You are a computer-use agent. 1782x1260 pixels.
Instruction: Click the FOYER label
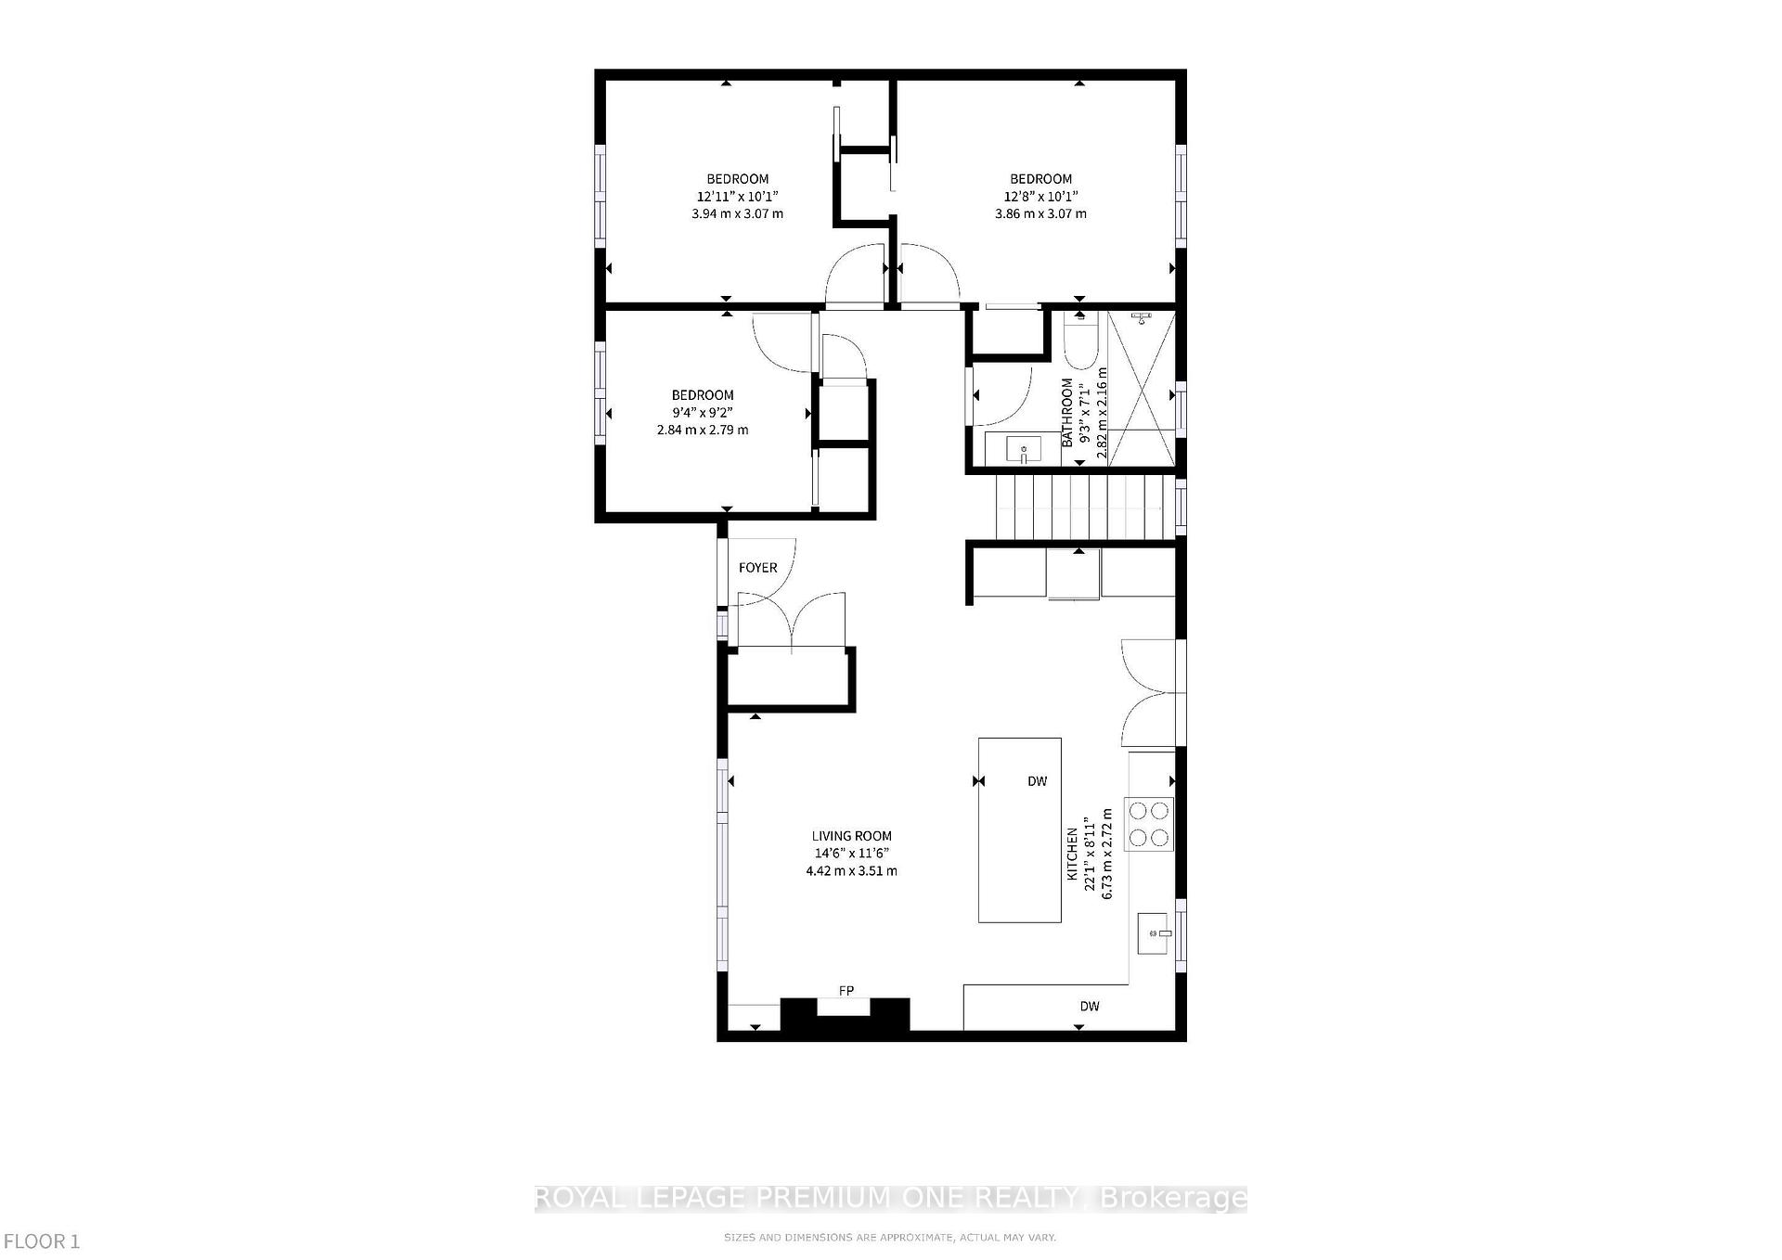(757, 568)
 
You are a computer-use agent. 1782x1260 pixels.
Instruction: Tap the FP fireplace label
(846, 991)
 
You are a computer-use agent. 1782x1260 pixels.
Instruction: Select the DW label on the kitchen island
(1037, 781)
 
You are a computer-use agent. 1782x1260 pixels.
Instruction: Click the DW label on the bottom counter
(1089, 1006)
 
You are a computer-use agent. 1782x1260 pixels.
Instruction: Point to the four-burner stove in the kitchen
(1149, 824)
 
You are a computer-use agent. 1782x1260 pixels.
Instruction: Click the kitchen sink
(1153, 933)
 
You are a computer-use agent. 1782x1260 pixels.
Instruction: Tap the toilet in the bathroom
(1080, 344)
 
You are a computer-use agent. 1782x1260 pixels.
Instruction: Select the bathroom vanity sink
(1023, 449)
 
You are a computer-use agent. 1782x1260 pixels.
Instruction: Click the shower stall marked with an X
(1141, 390)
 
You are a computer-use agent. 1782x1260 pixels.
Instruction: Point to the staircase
(1081, 506)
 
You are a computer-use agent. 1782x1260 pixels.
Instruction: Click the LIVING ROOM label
(851, 836)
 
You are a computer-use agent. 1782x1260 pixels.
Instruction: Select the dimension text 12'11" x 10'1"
(737, 197)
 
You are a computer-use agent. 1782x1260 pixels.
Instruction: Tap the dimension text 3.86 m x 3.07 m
(1040, 213)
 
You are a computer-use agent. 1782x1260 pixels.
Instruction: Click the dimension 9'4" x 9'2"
(703, 413)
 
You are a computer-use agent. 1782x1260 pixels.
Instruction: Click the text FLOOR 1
(42, 1241)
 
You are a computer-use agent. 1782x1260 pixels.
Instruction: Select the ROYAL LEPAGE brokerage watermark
(890, 1198)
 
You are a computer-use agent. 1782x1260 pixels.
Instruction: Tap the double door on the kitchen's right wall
(1151, 692)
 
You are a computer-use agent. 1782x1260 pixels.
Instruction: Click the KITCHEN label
(1072, 854)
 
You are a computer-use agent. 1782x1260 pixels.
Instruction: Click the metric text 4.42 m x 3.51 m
(851, 871)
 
